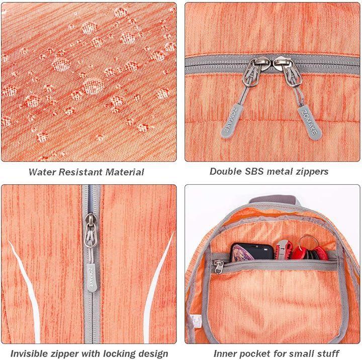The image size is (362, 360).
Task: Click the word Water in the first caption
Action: (42, 172)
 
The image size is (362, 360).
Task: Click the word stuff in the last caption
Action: (328, 353)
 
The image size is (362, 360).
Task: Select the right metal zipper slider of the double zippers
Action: (289, 71)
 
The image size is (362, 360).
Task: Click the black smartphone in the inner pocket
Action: (252, 252)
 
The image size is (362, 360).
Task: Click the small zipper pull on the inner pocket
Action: (218, 267)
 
